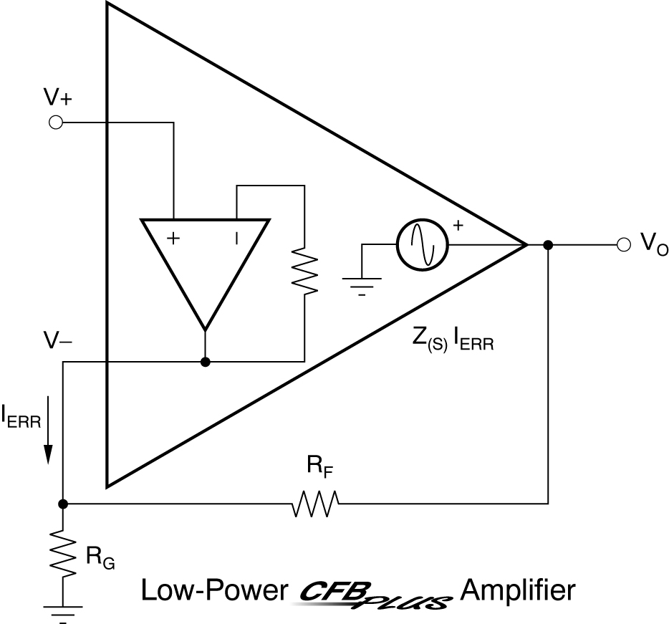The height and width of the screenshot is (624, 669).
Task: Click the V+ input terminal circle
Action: click(54, 123)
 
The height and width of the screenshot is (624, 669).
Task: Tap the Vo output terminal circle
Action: click(623, 245)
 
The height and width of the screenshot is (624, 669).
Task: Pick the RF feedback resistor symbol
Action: click(315, 504)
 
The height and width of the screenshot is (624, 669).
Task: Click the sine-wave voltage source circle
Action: click(423, 244)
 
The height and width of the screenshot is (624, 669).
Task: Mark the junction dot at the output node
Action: click(548, 245)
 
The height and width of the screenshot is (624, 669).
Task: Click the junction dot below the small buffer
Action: click(206, 362)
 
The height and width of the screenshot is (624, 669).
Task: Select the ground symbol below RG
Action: click(63, 611)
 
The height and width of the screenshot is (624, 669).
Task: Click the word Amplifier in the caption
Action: click(518, 592)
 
